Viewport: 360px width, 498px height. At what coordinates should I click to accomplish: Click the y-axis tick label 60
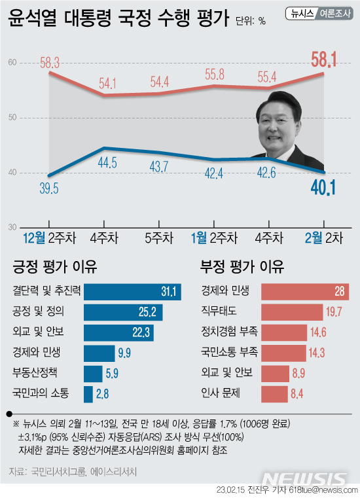12,63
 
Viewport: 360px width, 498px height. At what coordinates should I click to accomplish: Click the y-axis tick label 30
12,227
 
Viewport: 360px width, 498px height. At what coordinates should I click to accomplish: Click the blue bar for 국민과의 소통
89,394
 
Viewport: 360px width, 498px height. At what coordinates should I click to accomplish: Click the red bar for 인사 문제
274,394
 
